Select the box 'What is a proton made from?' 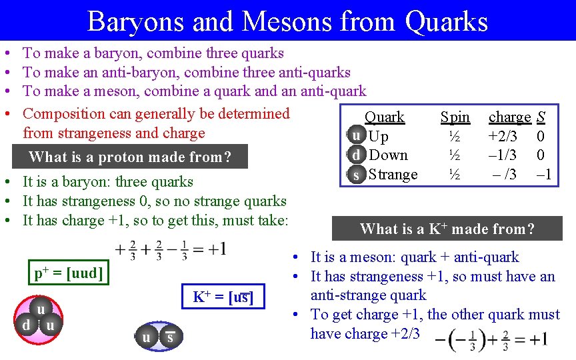click(129, 157)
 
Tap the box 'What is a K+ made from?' click(447, 229)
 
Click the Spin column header click(455, 117)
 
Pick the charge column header click(509, 117)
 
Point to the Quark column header click(384, 117)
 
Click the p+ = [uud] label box click(68, 273)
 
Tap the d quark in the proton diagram click(25, 325)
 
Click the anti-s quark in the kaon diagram click(170, 338)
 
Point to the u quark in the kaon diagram click(146, 338)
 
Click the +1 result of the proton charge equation click(216, 250)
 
